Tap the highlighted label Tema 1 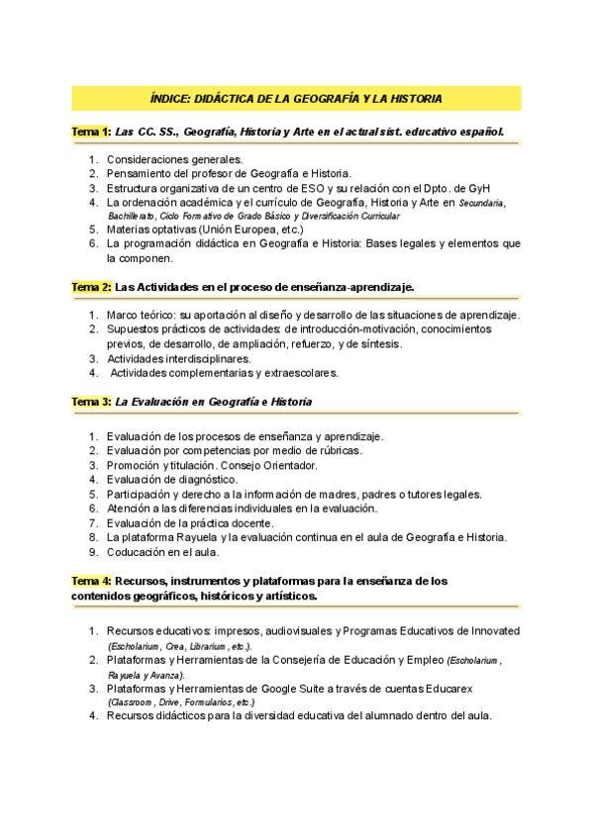[x=90, y=131]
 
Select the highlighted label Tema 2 [x=90, y=287]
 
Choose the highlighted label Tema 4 [x=90, y=581]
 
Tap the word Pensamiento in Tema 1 [x=143, y=173]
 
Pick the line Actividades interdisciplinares [x=178, y=358]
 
